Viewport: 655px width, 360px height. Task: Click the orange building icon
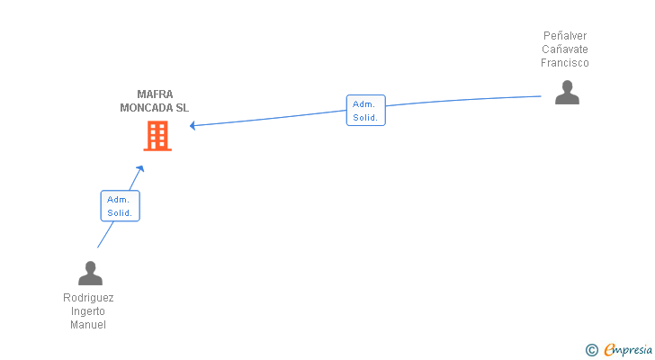[157, 136]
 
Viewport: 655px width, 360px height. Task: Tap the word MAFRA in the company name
[155, 94]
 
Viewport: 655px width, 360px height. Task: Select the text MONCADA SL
[155, 108]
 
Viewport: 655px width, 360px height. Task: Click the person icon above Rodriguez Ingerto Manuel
[90, 273]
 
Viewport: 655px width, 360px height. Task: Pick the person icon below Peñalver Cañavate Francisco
[567, 93]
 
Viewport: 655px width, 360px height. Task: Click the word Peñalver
[565, 35]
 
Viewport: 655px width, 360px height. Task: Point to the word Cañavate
[565, 49]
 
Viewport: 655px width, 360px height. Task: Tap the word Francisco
[565, 63]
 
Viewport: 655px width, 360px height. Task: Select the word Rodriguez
[88, 298]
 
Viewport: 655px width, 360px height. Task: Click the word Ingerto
[88, 311]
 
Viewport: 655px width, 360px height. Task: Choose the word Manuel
[88, 325]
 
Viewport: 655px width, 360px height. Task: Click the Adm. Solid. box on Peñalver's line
[366, 111]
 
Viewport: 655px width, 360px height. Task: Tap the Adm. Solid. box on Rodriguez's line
[121, 206]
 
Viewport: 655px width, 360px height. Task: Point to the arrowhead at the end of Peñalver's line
[193, 125]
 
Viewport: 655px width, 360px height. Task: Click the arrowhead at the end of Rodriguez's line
[140, 168]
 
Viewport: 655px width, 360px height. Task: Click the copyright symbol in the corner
[591, 350]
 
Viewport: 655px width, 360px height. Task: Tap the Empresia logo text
[628, 350]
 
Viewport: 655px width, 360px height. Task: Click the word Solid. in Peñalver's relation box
[365, 118]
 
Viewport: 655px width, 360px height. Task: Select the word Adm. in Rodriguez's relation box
[118, 200]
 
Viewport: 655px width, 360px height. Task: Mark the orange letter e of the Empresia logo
[609, 349]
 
